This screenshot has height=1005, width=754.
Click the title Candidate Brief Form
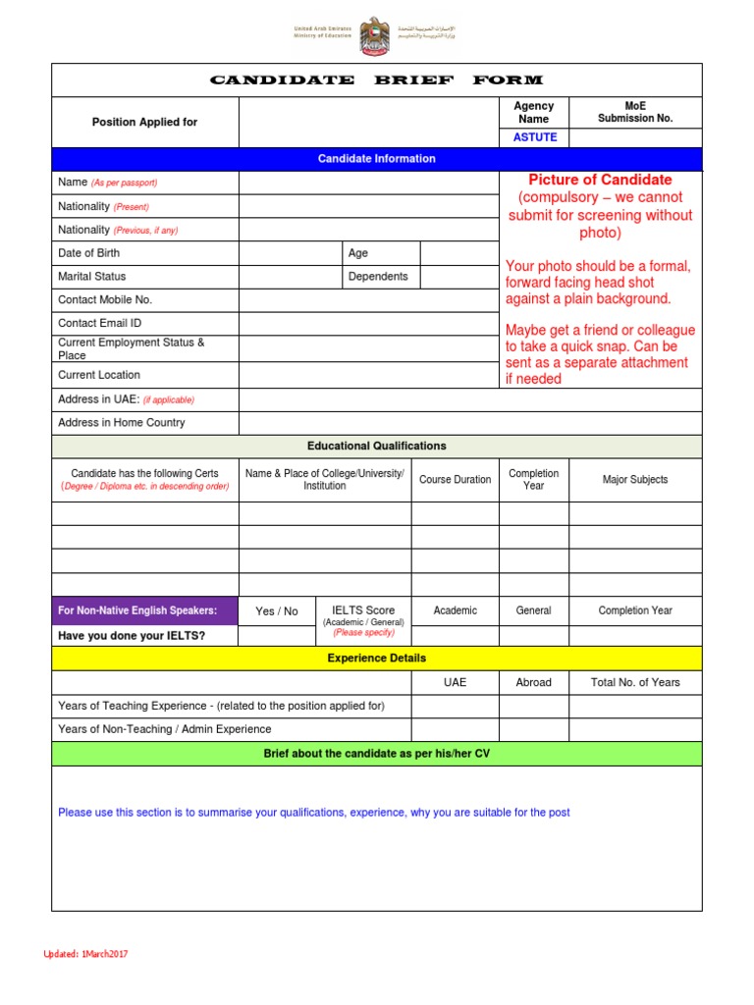tap(376, 80)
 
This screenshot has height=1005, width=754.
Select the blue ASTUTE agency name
tap(534, 137)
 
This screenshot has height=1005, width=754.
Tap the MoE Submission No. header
tap(635, 112)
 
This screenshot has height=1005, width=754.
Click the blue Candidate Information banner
tap(376, 159)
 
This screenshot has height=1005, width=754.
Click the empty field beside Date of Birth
tap(290, 253)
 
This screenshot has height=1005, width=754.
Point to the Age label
tap(358, 253)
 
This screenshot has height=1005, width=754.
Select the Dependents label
tap(378, 277)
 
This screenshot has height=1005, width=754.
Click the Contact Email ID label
tap(100, 323)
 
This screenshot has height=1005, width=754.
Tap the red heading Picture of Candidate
tap(600, 180)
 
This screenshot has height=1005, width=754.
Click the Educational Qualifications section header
tap(376, 447)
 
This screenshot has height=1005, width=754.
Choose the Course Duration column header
tap(455, 480)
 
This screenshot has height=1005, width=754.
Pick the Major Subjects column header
tap(635, 480)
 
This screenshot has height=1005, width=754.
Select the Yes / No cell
tap(277, 611)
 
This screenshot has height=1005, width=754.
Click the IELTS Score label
tap(363, 609)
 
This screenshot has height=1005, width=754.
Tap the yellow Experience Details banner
tap(376, 659)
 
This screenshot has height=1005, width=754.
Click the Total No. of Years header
tap(635, 682)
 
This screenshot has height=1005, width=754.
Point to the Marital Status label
tap(92, 277)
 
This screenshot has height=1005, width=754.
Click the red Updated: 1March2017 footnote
tap(85, 955)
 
